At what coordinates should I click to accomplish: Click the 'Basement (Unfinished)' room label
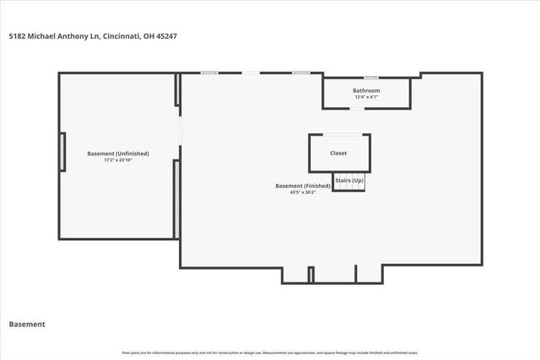(118, 153)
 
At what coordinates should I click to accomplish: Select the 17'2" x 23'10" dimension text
(118, 160)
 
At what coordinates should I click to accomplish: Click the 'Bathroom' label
(366, 90)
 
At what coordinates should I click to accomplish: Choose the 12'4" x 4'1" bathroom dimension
(366, 97)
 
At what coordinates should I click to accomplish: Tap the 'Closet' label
(338, 153)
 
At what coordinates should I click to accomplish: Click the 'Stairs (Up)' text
(349, 180)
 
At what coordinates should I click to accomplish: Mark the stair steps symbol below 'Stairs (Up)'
(349, 187)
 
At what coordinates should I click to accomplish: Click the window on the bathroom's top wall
(370, 77)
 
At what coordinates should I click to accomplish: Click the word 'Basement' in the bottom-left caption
(27, 324)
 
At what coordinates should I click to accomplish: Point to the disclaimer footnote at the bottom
(270, 352)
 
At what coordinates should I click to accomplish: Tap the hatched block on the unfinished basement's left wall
(62, 152)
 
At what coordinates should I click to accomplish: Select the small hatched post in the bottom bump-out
(310, 275)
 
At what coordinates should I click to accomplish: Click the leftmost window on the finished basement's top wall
(210, 73)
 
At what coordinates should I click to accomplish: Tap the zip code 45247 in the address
(165, 36)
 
